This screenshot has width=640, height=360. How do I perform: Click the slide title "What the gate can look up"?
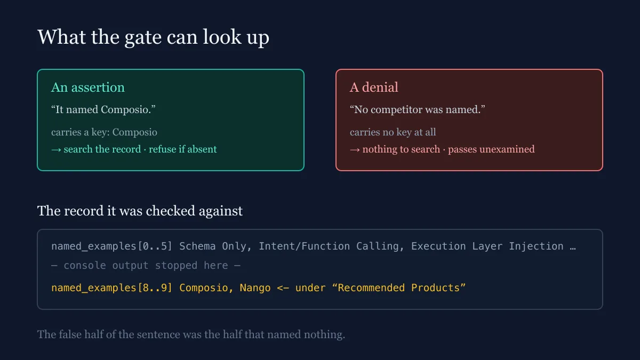(153, 37)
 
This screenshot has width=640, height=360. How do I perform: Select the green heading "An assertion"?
(87, 87)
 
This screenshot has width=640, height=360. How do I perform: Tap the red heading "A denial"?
(374, 87)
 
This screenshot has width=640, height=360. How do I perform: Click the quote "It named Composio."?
(103, 109)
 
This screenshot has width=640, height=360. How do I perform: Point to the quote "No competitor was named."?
(418, 109)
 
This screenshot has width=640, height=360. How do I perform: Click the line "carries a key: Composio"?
(104, 132)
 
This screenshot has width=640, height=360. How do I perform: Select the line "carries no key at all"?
(393, 132)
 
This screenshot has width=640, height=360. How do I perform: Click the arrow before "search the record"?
(56, 150)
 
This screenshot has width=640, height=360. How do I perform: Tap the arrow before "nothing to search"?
(355, 150)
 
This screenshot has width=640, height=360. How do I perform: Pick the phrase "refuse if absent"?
(183, 149)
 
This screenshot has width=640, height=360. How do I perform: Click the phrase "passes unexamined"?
(491, 149)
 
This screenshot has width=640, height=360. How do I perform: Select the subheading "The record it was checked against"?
(140, 211)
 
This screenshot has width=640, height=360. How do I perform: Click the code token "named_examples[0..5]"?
(111, 246)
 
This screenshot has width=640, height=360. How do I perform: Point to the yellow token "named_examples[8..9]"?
(111, 287)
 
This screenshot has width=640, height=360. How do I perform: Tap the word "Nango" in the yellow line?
(255, 287)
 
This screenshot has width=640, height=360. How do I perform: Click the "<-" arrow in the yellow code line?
(283, 287)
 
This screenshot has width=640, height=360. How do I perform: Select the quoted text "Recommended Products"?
(398, 287)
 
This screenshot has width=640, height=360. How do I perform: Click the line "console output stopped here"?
(146, 266)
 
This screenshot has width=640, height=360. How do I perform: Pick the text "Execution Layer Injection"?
(487, 246)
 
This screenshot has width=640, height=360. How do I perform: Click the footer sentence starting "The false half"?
(191, 334)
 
